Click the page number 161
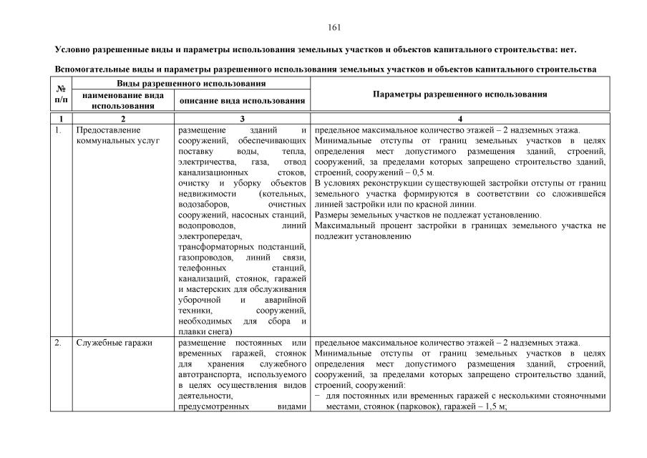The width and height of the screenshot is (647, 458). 334,28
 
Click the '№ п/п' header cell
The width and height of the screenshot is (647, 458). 61,94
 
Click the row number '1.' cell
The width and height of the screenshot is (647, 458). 58,130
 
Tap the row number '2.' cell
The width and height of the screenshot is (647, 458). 58,343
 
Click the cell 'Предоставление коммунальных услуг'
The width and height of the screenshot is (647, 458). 108,135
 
